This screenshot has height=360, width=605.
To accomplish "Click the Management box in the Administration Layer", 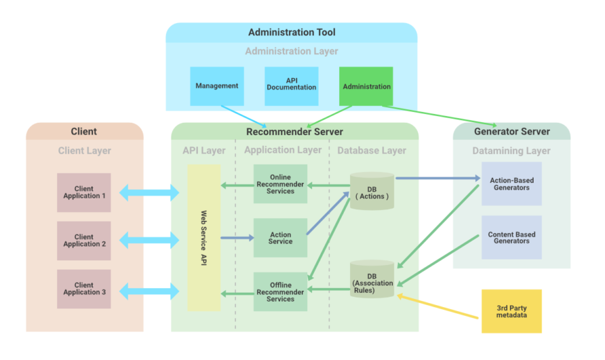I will [217, 86].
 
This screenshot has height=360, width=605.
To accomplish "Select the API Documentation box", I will [291, 86].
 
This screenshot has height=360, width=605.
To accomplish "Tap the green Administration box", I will [366, 86].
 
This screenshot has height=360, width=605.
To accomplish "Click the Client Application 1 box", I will [84, 193].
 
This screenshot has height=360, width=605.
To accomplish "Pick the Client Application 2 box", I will [84, 241].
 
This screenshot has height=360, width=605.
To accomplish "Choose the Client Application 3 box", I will [84, 289].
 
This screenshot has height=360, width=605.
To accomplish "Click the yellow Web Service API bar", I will [204, 238].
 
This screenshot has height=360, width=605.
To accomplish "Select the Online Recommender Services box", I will [280, 184].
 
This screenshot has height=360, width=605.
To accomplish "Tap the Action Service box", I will [280, 238].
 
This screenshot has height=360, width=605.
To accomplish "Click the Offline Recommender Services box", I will [280, 292].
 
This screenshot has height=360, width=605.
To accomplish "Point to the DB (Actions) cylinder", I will [372, 192].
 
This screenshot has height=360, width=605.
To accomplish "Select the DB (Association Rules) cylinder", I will [372, 281].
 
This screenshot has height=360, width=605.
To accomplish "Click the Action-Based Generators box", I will [511, 184].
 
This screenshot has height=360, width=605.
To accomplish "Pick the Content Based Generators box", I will [511, 238].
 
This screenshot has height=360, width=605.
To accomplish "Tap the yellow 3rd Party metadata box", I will [511, 311].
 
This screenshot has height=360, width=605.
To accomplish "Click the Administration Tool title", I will [292, 33].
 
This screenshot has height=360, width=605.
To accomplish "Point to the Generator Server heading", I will [511, 131].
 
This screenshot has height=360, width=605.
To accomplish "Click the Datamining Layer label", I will [511, 151].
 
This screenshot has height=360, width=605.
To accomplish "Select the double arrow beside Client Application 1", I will [149, 193].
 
